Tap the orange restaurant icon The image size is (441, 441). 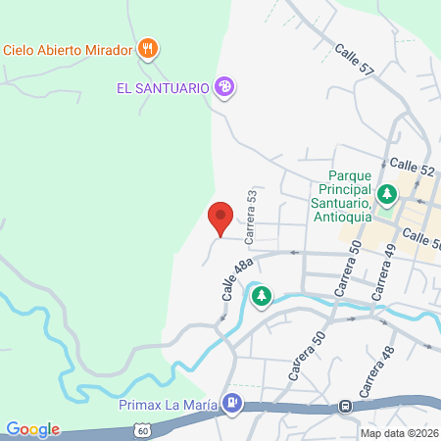[149, 47]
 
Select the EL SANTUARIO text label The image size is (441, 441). [163, 87]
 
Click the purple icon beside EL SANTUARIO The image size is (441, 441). [225, 87]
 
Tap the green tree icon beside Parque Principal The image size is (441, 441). [388, 193]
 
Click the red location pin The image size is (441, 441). [220, 218]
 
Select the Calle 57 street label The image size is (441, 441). [354, 60]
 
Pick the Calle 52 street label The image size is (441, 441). [412, 169]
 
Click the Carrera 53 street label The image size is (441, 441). [252, 216]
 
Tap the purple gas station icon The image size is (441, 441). [232, 401]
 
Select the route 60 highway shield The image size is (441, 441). [143, 429]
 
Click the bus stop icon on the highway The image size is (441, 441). [345, 406]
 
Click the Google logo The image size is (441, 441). [32, 429]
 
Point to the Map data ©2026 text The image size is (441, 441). [400, 433]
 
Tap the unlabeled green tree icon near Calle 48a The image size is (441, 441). [261, 296]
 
